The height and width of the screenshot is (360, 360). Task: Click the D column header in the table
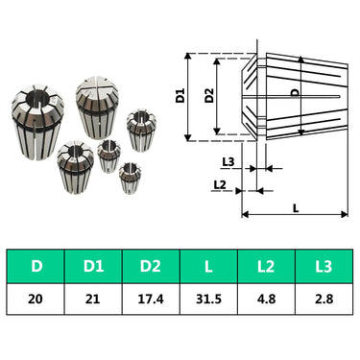(36, 266)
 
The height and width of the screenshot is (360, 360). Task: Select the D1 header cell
(93, 266)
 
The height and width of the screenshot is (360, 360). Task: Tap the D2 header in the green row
(151, 266)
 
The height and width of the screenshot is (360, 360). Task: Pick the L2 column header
(266, 266)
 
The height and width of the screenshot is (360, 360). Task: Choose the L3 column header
(324, 266)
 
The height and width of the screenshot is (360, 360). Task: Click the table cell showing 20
(36, 300)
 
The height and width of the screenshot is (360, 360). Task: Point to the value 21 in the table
(93, 300)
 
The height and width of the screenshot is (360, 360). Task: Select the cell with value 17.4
(151, 300)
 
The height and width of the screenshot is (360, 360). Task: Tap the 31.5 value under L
(208, 300)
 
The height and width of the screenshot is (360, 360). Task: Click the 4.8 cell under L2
(266, 300)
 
